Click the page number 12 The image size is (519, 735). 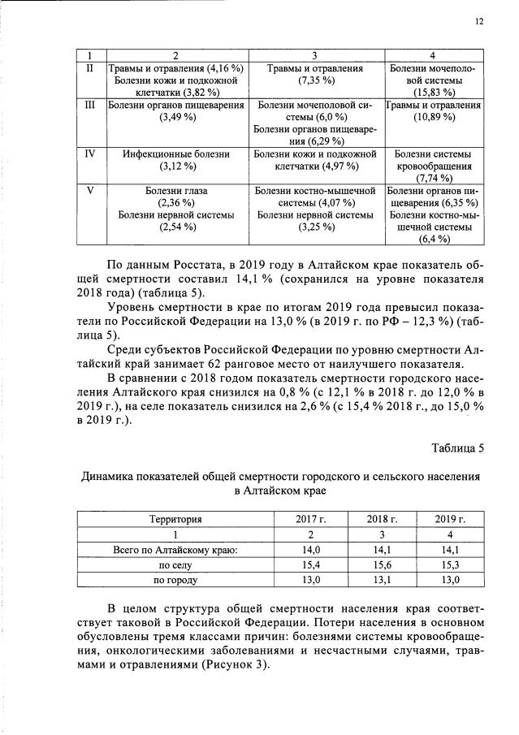(479, 22)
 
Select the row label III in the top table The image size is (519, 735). (91, 106)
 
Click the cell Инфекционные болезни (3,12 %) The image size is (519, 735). (175, 160)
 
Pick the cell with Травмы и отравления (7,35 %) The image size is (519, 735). (313, 76)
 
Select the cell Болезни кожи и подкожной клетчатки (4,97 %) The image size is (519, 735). (313, 160)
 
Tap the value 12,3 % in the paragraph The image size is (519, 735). (414, 319)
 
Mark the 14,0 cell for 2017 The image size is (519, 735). (311, 550)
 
